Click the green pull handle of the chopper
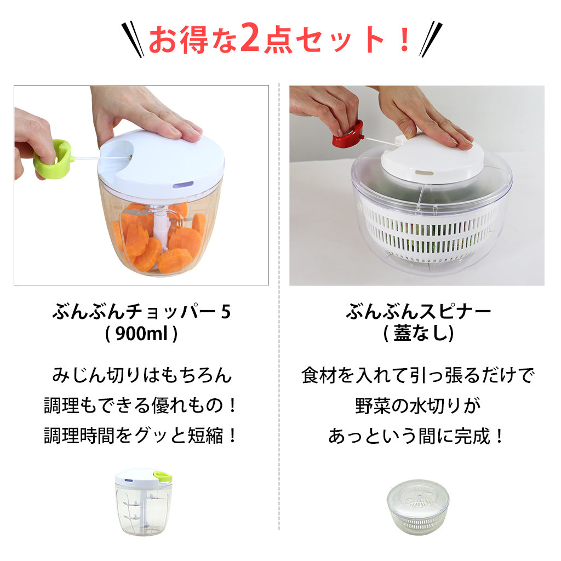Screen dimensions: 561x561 pos(53,158)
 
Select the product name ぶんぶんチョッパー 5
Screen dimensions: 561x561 pos(141,312)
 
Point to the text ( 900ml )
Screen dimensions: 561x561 pos(141,334)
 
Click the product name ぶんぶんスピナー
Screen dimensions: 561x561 pos(419,312)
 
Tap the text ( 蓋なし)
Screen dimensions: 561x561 pos(419,334)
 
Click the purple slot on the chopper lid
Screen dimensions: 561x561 pos(182,185)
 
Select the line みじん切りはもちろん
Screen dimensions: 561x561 pos(141,376)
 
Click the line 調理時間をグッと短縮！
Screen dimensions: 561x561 pos(141,436)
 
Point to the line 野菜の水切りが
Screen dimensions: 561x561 pos(417,406)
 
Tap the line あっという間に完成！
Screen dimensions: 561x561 pos(417,436)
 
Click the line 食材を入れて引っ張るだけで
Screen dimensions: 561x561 pos(417,376)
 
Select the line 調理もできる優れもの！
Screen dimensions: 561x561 pos(141,406)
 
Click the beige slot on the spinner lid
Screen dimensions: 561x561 pos(421,172)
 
